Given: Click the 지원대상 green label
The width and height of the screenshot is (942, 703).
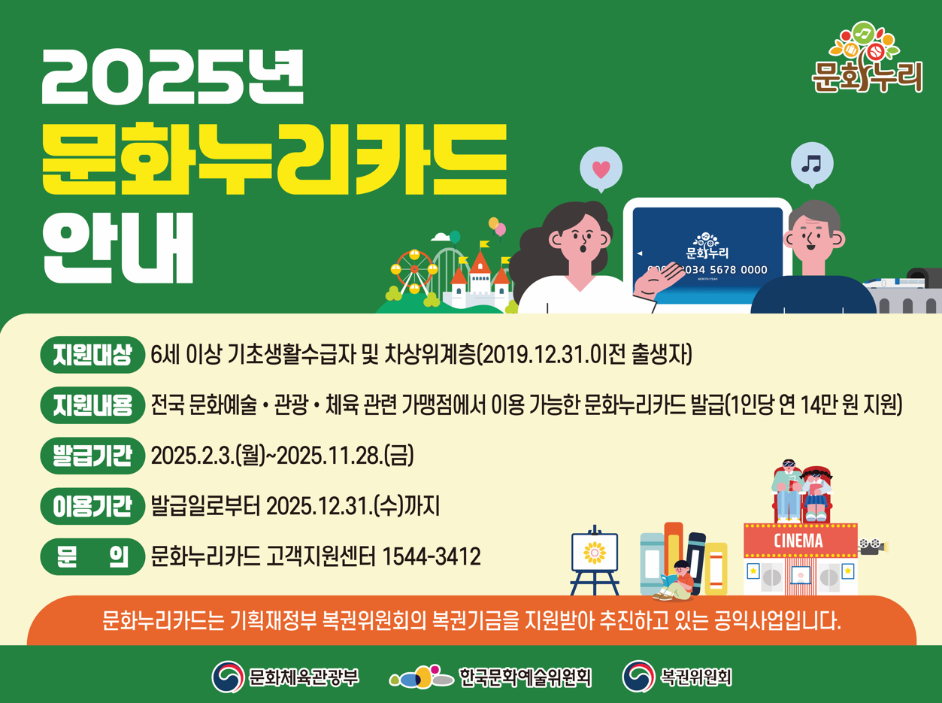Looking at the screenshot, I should click(92, 355).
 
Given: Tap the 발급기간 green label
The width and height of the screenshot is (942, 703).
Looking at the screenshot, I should click(92, 456).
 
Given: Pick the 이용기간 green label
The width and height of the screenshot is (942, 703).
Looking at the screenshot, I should click(92, 506).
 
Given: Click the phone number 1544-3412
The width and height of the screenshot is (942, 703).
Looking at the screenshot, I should click(432, 557).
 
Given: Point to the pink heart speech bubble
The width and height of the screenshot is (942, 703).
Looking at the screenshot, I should click(601, 168).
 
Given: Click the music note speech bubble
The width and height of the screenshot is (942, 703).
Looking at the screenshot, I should click(812, 162).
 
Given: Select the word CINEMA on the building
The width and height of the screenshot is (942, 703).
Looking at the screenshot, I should click(798, 541).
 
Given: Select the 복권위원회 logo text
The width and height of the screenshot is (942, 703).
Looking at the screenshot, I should click(695, 677).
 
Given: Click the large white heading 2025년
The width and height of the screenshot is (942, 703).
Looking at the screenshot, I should click(174, 78).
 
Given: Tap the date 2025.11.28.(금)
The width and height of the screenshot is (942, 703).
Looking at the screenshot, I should click(347, 456).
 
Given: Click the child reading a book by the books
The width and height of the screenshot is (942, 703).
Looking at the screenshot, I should click(680, 580).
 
